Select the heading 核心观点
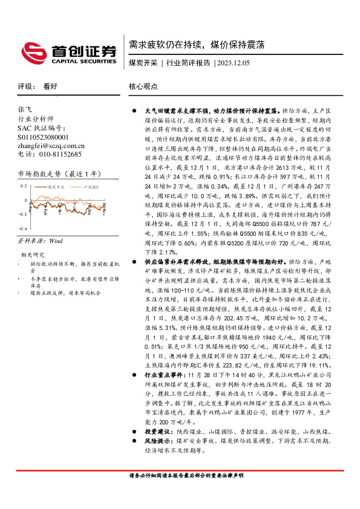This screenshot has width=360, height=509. coord(143,86)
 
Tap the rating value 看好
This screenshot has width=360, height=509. coord(50,86)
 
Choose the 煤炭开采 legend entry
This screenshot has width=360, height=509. coord(57,188)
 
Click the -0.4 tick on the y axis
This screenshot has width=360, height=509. coord(22,229)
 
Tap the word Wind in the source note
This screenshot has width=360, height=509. coord(56,241)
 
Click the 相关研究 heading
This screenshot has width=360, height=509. coord(33,254)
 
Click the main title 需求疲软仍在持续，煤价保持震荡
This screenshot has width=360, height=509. coord(196,45)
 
